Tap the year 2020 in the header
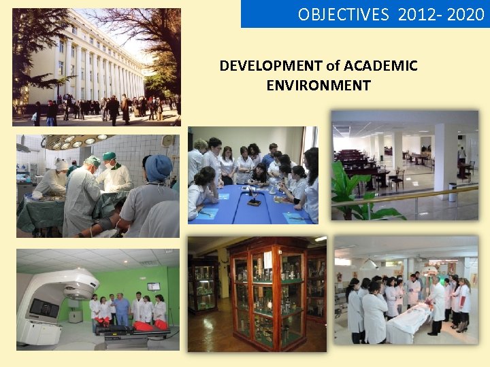(467, 14)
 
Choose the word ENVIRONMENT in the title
(318, 86)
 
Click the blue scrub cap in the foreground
(159, 169)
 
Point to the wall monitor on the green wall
(154, 286)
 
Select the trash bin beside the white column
(453, 192)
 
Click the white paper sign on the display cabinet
(268, 260)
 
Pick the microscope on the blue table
(252, 197)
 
